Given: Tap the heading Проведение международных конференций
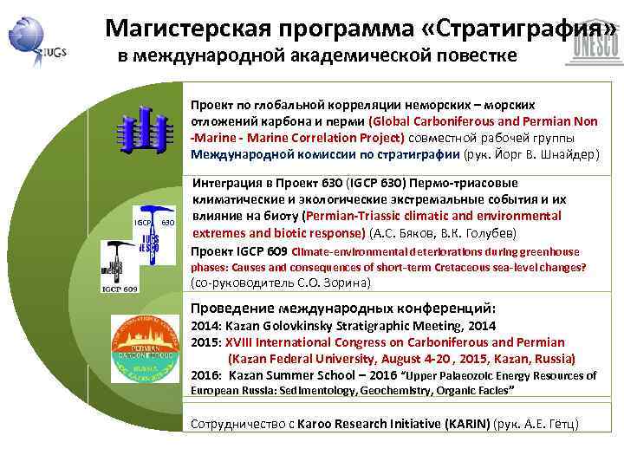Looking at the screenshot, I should (343, 309).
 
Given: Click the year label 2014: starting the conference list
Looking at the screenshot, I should (206, 326).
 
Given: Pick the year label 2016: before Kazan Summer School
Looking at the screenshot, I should (206, 375).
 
